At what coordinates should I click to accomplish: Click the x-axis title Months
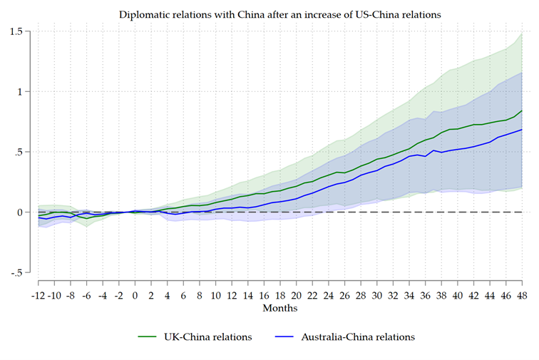tap(279, 309)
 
